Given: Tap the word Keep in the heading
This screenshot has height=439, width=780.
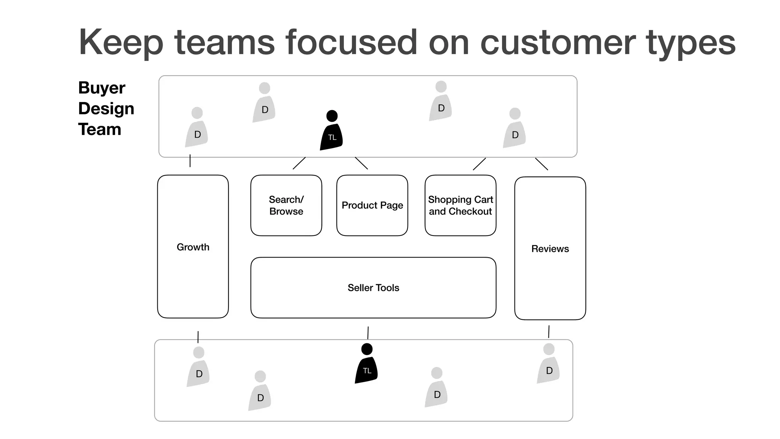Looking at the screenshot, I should pyautogui.click(x=121, y=43).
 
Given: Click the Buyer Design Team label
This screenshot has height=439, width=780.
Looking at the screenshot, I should pyautogui.click(x=106, y=109).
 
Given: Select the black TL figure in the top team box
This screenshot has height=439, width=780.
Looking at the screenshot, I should pyautogui.click(x=331, y=131).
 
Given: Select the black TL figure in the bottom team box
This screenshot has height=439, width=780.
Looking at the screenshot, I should pyautogui.click(x=366, y=365).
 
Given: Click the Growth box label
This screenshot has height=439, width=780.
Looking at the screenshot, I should pyautogui.click(x=193, y=247).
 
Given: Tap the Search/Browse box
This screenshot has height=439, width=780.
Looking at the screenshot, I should pyautogui.click(x=286, y=205).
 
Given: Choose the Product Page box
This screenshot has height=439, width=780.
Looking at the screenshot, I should pyautogui.click(x=372, y=205).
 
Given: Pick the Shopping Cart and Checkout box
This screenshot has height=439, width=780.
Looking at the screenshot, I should pyautogui.click(x=460, y=205).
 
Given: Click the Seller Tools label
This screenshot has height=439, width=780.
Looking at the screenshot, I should pyautogui.click(x=373, y=288).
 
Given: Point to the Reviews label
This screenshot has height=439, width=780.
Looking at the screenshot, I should pyautogui.click(x=550, y=249).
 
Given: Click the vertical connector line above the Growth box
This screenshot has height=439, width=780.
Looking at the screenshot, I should pyautogui.click(x=190, y=161).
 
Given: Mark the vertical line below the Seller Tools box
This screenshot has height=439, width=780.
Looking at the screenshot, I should pyautogui.click(x=368, y=333).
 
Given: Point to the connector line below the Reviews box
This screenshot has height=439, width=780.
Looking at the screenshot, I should pyautogui.click(x=549, y=332).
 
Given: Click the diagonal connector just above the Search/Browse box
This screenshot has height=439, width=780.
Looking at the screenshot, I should pyautogui.click(x=299, y=163).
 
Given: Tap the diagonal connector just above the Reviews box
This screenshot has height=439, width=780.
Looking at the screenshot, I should pyautogui.click(x=542, y=164).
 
